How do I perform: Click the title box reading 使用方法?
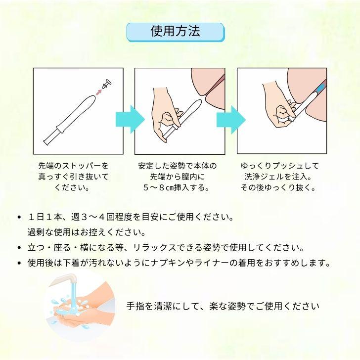pos(176,32)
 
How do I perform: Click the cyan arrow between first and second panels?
pos(129,119)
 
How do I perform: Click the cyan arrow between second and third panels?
pos(231,119)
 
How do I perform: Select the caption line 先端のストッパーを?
pos(73,166)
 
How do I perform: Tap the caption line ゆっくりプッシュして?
pos(279,166)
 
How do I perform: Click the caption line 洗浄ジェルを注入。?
pos(279,177)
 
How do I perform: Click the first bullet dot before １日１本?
pos(19,218)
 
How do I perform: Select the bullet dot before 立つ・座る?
pos(19,248)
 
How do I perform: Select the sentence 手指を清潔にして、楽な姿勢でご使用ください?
pos(223,306)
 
